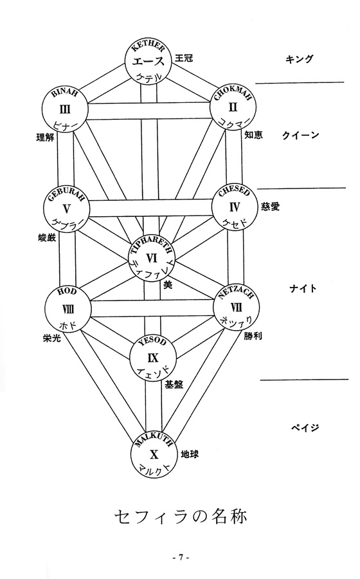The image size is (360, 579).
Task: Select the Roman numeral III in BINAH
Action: pyautogui.click(x=65, y=109)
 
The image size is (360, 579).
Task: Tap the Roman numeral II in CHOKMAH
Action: pyautogui.click(x=233, y=107)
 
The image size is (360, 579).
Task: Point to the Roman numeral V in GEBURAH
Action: pyautogui.click(x=66, y=209)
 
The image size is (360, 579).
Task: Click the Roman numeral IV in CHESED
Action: pyautogui.click(x=235, y=207)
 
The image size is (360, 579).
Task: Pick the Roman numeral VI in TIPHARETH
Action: pyautogui.click(x=152, y=258)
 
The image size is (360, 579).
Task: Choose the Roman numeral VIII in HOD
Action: pyautogui.click(x=67, y=309)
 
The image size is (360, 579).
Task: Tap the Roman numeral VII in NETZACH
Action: pyautogui.click(x=237, y=308)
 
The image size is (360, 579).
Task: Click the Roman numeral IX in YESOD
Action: pyautogui.click(x=153, y=358)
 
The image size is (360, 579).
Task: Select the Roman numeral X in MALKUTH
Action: pyautogui.click(x=154, y=454)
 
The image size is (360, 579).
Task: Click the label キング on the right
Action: pyautogui.click(x=299, y=59)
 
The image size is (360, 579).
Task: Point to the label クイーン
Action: pyautogui.click(x=300, y=135)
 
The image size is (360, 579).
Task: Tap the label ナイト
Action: pyautogui.click(x=303, y=288)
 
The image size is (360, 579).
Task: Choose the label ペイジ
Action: pyautogui.click(x=305, y=428)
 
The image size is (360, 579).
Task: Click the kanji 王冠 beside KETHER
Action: pyautogui.click(x=184, y=58)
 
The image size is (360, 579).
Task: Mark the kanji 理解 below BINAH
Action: pyautogui.click(x=45, y=138)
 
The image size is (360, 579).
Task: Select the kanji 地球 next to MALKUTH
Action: pyautogui.click(x=190, y=454)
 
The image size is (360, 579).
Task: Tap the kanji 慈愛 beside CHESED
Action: pyautogui.click(x=271, y=206)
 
